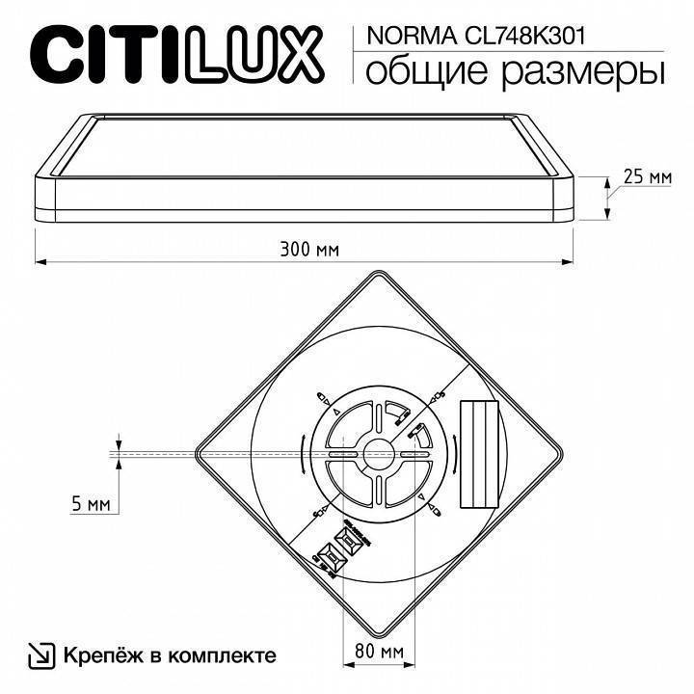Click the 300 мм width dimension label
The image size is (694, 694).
tap(308, 250)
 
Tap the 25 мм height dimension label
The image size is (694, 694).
tap(646, 176)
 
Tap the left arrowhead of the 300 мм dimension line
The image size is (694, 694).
tap(40, 261)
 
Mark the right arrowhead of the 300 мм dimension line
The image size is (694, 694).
tap(575, 261)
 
